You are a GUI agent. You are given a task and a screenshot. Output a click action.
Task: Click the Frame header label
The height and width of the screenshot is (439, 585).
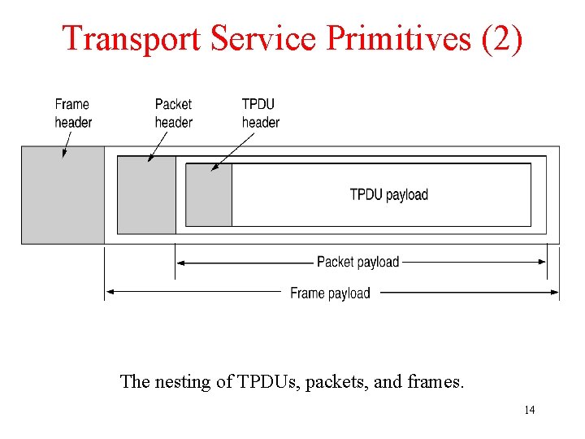[x=73, y=113]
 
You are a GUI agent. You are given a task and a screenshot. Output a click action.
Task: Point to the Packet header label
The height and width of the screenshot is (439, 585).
[x=173, y=113]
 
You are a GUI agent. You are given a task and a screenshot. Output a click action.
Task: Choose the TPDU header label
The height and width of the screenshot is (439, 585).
[x=260, y=113]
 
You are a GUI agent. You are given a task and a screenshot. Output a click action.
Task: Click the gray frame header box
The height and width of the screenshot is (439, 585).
[x=63, y=195]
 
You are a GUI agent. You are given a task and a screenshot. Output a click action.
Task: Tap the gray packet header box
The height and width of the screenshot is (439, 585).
[x=146, y=195]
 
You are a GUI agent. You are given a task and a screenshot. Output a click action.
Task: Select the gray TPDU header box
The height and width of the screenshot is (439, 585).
[x=209, y=195]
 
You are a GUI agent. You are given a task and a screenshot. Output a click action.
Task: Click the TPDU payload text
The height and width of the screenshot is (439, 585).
[x=388, y=194]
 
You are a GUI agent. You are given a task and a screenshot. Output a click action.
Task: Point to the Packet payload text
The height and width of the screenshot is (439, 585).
[x=357, y=262]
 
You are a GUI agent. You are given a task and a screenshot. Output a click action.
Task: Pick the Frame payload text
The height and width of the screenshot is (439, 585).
[x=330, y=293]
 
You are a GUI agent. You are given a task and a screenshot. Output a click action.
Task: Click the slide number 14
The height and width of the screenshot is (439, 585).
[x=529, y=410]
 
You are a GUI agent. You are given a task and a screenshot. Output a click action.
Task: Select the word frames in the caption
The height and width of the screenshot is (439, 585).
[x=437, y=381]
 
